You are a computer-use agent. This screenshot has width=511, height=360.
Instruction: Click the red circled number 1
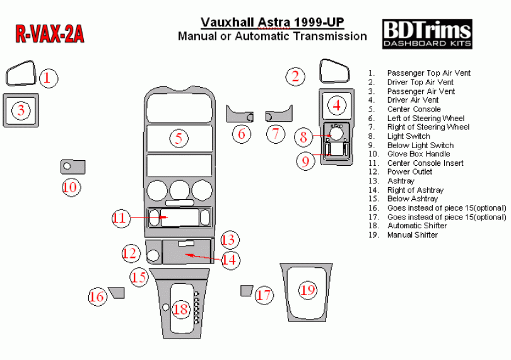click(x=49, y=78)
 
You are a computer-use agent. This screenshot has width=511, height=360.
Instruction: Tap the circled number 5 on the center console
click(x=179, y=137)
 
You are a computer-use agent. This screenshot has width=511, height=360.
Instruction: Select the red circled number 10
click(x=70, y=187)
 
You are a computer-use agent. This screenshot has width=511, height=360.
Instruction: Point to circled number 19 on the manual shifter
click(x=307, y=290)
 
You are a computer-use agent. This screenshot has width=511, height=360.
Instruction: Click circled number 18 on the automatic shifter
click(x=181, y=309)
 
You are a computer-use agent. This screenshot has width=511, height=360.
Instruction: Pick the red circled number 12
click(x=130, y=253)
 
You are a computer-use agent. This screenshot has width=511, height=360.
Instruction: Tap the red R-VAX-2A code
click(x=49, y=35)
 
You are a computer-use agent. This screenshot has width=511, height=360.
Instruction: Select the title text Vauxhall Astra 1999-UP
click(x=272, y=23)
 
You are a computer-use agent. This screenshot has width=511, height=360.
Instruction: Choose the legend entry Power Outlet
click(x=409, y=171)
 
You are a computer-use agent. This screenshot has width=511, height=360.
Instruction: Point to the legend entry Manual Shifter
click(x=412, y=235)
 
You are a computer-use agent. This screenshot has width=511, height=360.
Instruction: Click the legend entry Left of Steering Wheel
click(x=425, y=118)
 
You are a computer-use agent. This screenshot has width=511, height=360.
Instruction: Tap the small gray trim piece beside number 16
click(x=117, y=291)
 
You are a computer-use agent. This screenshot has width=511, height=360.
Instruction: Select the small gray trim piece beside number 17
click(x=246, y=290)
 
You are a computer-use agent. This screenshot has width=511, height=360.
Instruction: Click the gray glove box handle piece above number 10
click(x=73, y=167)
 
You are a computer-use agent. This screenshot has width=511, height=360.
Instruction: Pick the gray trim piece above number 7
click(x=279, y=115)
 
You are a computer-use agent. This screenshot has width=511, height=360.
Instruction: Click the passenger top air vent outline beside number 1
click(x=21, y=73)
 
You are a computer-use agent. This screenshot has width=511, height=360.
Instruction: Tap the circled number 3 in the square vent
click(x=21, y=110)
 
